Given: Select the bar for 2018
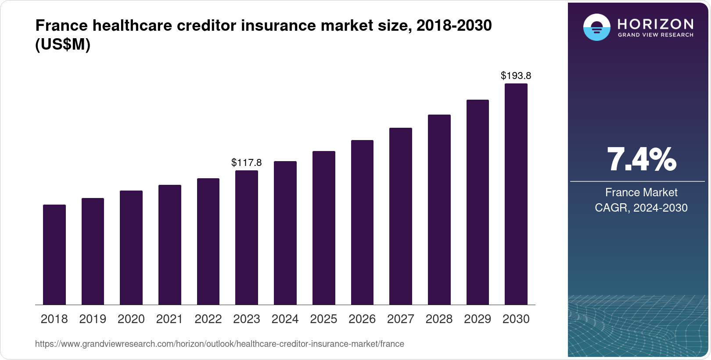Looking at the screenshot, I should (x=54, y=255).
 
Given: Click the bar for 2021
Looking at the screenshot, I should (x=170, y=245).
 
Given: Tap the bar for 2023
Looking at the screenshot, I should (x=247, y=238).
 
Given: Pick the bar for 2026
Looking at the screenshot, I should (x=362, y=222).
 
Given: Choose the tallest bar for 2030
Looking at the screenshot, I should (x=516, y=194).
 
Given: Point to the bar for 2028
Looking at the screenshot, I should (x=439, y=209).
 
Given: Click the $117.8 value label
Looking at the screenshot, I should (x=247, y=162).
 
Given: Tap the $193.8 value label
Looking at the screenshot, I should (x=516, y=76).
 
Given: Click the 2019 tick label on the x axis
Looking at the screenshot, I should (x=93, y=319).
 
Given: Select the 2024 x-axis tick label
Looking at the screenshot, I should (x=285, y=319).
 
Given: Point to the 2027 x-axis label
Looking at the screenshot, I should (x=401, y=319).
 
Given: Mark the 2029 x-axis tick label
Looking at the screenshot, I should (x=478, y=319).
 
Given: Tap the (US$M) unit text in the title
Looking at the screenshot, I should (x=63, y=45).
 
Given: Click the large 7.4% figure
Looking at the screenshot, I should (x=641, y=160).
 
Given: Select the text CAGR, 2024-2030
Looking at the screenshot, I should (x=641, y=208).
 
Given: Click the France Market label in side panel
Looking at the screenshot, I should (x=641, y=192).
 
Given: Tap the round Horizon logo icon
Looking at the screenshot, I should (x=596, y=28).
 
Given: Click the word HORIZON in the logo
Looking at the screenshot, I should (x=656, y=24).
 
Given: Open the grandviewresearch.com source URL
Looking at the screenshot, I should (x=219, y=344).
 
